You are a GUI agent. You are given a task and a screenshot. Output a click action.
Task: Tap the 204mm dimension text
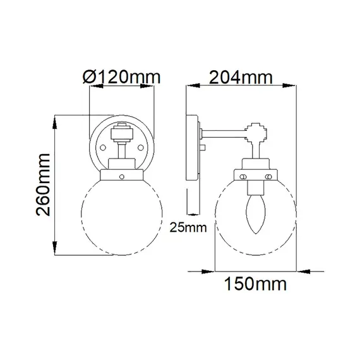click(x=241, y=78)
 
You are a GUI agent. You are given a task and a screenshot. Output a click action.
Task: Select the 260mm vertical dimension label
click(x=43, y=185)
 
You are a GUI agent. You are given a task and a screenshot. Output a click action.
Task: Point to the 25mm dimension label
click(x=188, y=227)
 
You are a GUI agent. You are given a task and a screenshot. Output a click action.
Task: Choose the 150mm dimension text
click(x=255, y=284)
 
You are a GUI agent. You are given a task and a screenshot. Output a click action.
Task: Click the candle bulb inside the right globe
click(x=256, y=215)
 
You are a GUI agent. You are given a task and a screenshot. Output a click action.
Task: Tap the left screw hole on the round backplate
click(x=103, y=147)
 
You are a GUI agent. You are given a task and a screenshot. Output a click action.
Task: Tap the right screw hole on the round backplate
click(x=140, y=147)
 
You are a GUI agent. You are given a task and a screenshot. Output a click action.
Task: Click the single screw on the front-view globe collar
click(x=122, y=177)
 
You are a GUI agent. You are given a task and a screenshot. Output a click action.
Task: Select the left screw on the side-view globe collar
click(x=243, y=177)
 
